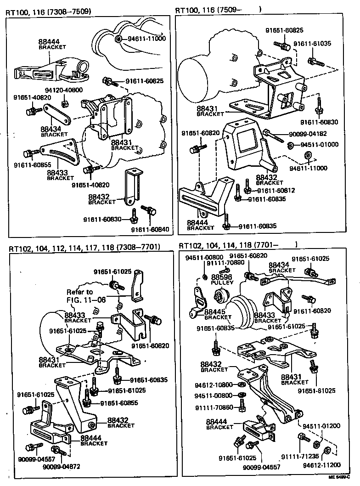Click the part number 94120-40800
click(x=63, y=90)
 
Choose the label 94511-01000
click(x=319, y=145)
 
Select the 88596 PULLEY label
click(x=222, y=280)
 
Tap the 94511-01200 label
click(x=324, y=426)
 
